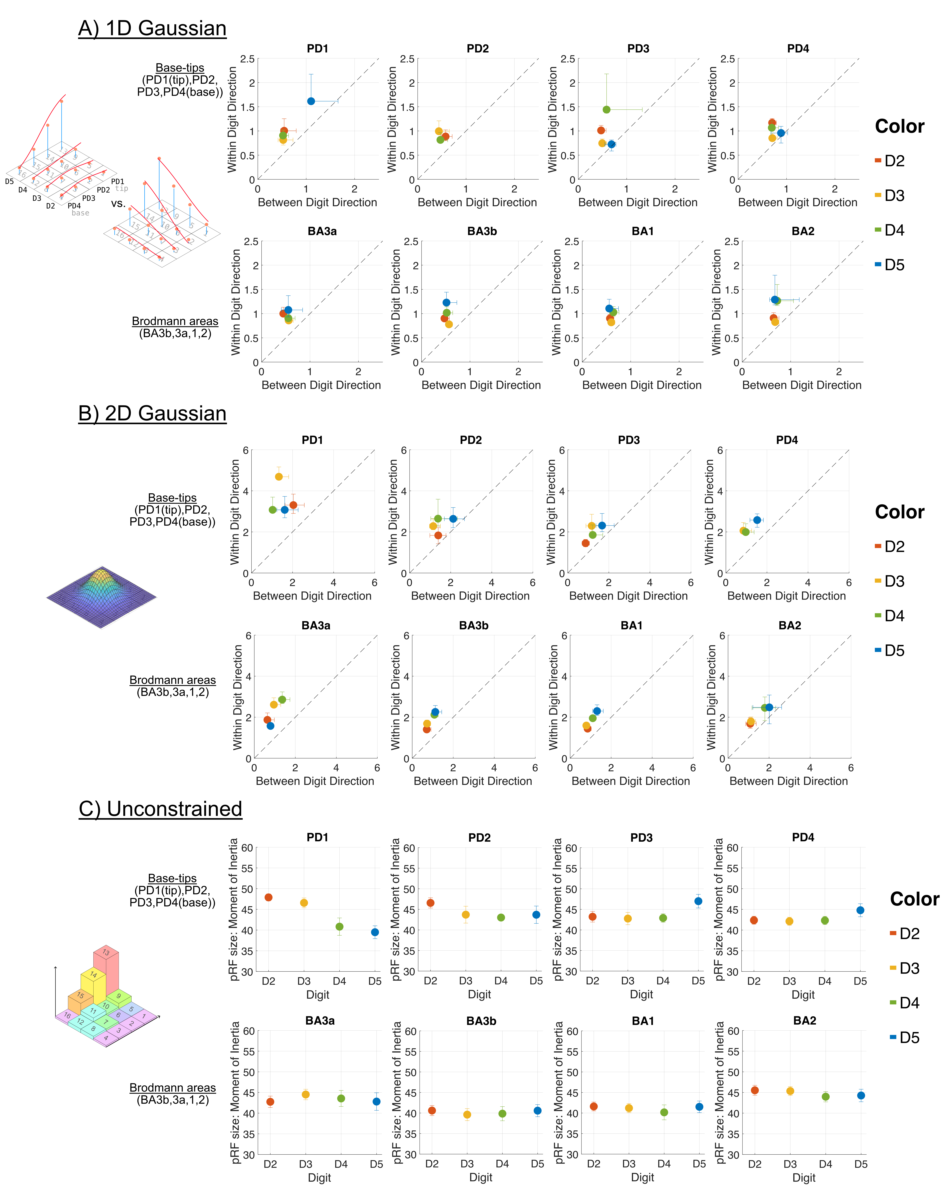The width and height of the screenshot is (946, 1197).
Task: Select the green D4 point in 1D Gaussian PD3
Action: [607, 110]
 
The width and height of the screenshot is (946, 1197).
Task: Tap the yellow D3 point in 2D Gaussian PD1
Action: [279, 476]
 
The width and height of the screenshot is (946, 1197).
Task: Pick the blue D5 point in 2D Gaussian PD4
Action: [757, 520]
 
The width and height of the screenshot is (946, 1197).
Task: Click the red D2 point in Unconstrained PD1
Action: [269, 897]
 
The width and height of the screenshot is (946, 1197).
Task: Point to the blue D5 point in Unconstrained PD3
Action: [698, 901]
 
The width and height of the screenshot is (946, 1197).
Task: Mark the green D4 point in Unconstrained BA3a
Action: [341, 1098]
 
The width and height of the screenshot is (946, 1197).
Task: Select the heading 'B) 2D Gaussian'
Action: [152, 414]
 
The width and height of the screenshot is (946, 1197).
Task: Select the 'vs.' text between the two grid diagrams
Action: [118, 204]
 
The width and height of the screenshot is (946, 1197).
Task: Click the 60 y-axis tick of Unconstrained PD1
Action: [247, 848]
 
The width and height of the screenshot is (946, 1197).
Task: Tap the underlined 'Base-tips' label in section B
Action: [172, 497]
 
